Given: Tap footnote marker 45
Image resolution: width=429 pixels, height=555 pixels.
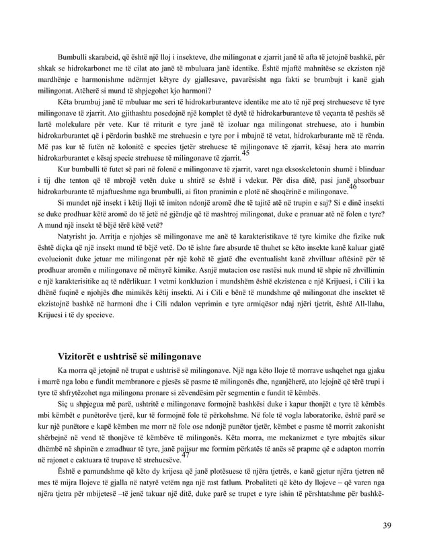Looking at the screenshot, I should pyautogui.click(x=245, y=154).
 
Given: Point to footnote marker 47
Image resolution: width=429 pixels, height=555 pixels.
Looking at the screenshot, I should pyautogui.click(x=186, y=455).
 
